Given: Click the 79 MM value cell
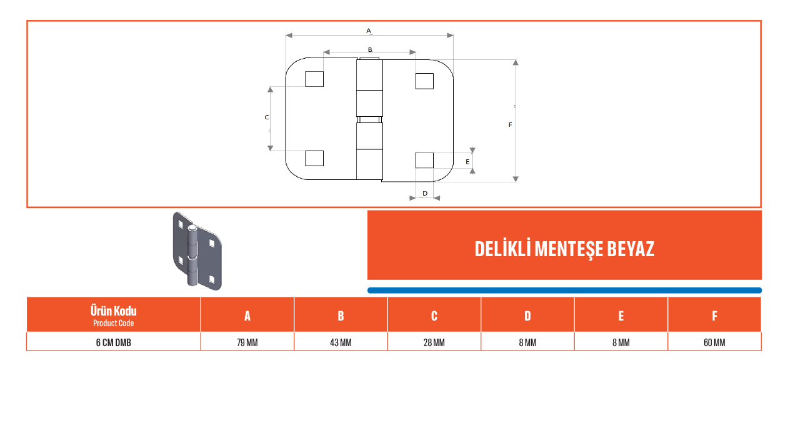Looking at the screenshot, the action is pos(247,342).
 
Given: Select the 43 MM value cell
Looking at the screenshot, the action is pos(341,342).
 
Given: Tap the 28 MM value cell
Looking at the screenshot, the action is pos(434,342).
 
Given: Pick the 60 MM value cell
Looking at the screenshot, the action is pos(714,342).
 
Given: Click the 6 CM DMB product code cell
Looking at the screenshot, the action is pos(114,342).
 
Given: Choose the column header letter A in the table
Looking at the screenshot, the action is pos(247,316).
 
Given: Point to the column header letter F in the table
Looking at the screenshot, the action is pos(714,316).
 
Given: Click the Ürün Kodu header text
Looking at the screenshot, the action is pos(113,311).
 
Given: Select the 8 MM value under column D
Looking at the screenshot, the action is pos(527,342).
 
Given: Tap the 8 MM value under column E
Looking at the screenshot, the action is pos(621,342).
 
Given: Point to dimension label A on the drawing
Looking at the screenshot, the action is pos(369,31).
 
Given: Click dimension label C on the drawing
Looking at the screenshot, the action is pos(267,117).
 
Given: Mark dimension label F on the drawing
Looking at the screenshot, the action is pos(510,124).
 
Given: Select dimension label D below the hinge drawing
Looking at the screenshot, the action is pos(425,194).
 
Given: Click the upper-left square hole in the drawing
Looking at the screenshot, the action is pos(314,79).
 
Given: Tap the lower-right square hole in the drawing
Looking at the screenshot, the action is pos(424,161).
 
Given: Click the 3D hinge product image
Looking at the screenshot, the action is pos(197,251).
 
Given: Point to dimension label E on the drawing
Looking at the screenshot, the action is pos(467,161).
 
